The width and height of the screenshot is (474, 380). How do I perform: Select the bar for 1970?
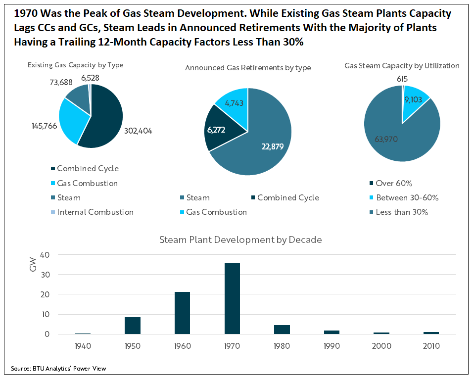point(232,298)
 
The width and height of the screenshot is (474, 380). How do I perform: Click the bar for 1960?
point(182,313)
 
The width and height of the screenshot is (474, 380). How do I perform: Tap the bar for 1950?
point(133,326)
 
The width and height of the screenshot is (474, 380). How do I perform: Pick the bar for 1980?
point(282,329)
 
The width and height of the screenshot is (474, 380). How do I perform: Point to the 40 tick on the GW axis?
point(45,254)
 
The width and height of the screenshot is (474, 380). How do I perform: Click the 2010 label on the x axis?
point(430,346)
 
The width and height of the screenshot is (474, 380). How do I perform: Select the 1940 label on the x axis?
point(83,346)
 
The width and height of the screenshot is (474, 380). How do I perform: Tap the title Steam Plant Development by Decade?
point(240,240)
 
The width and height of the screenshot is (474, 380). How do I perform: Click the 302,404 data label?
point(138,131)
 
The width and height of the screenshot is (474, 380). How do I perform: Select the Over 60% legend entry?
point(394,183)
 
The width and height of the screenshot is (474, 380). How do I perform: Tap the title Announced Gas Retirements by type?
point(248,68)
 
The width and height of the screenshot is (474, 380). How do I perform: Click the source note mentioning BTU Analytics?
point(58,368)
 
